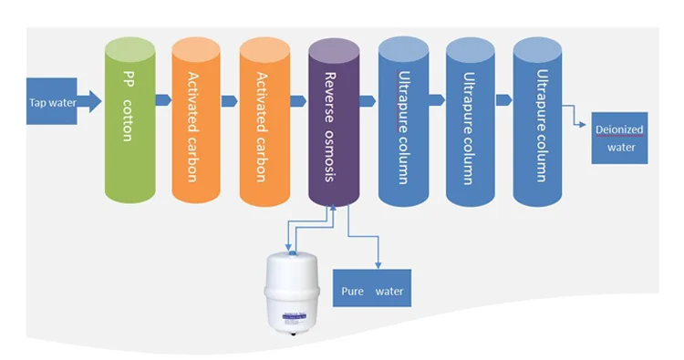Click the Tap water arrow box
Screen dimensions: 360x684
click(x=50, y=101)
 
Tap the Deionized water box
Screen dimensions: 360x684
click(x=619, y=138)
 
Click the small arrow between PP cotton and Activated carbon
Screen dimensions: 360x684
click(x=163, y=100)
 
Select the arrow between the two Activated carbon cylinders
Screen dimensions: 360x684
click(x=231, y=100)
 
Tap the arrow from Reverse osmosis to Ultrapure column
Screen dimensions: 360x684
click(x=368, y=100)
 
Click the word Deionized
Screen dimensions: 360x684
click(x=620, y=129)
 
